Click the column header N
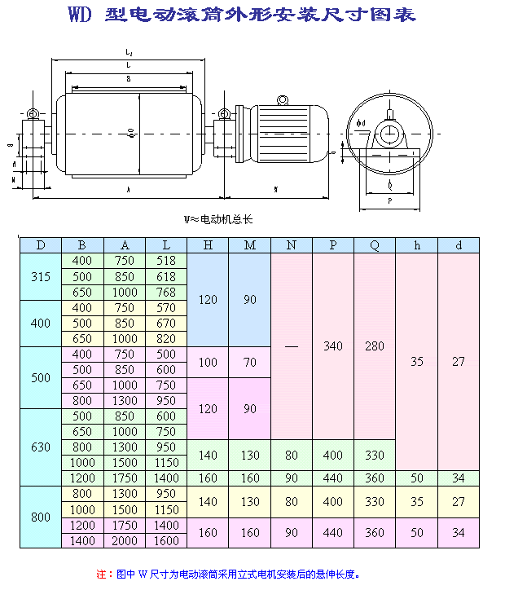point(291,245)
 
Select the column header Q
point(375,245)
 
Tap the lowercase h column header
point(416,245)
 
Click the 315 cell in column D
point(41,276)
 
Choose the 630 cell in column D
point(41,447)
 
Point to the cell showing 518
point(166,261)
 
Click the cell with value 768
point(166,292)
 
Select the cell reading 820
point(166,338)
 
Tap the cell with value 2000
point(125,540)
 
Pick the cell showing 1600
point(166,540)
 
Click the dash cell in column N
point(291,346)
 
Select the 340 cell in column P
point(333,346)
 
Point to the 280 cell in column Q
point(375,346)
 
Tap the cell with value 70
point(249,362)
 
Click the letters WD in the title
point(79,15)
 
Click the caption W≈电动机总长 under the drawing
point(219,219)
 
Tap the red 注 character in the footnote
point(101,575)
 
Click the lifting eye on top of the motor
point(283,100)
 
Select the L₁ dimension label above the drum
point(130,53)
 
